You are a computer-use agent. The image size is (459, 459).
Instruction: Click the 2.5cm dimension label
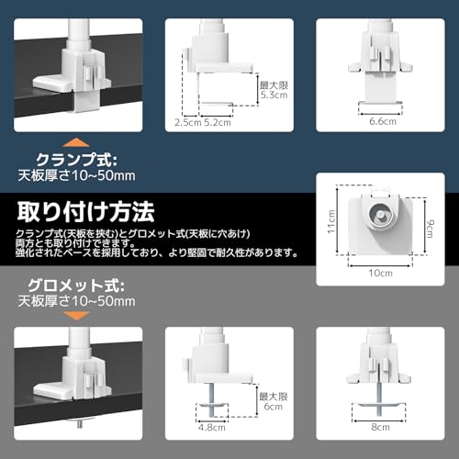pyautogui.click(x=187, y=123)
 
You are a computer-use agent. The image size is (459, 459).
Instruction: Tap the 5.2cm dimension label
pyautogui.click(x=218, y=123)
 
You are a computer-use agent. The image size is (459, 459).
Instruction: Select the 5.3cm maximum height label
pyautogui.click(x=274, y=95)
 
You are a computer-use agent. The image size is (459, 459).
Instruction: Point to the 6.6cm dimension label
pyautogui.click(x=383, y=121)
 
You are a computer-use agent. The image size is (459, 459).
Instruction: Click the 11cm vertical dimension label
pyautogui.click(x=331, y=222)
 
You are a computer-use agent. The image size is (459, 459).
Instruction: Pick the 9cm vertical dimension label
pyautogui.click(x=430, y=229)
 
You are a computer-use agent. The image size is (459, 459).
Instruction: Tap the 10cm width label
pyautogui.click(x=380, y=273)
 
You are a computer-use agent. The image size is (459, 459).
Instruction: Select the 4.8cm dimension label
pyautogui.click(x=212, y=428)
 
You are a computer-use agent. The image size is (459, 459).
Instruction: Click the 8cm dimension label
pyautogui.click(x=380, y=427)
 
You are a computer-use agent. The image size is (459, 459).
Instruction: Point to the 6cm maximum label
pyautogui.click(x=273, y=407)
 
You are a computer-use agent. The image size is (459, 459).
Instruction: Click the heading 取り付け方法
pyautogui.click(x=85, y=212)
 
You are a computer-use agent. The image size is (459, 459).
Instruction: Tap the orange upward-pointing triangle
pyautogui.click(x=75, y=142)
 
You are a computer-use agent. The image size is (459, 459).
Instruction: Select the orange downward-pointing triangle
pyautogui.click(x=75, y=316)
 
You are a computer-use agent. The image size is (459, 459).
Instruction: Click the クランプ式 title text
pyautogui.click(x=76, y=160)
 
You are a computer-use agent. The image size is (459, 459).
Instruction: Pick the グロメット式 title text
pyautogui.click(x=76, y=285)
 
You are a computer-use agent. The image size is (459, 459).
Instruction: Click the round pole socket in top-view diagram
pyautogui.click(x=380, y=214)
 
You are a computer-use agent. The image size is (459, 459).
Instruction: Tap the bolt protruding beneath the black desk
pyautogui.click(x=80, y=423)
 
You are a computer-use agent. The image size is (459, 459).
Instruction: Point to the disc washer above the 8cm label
pyautogui.click(x=379, y=405)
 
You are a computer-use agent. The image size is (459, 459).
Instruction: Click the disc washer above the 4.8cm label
pyautogui.click(x=212, y=406)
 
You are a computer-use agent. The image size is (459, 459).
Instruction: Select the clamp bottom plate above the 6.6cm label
pyautogui.click(x=380, y=103)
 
